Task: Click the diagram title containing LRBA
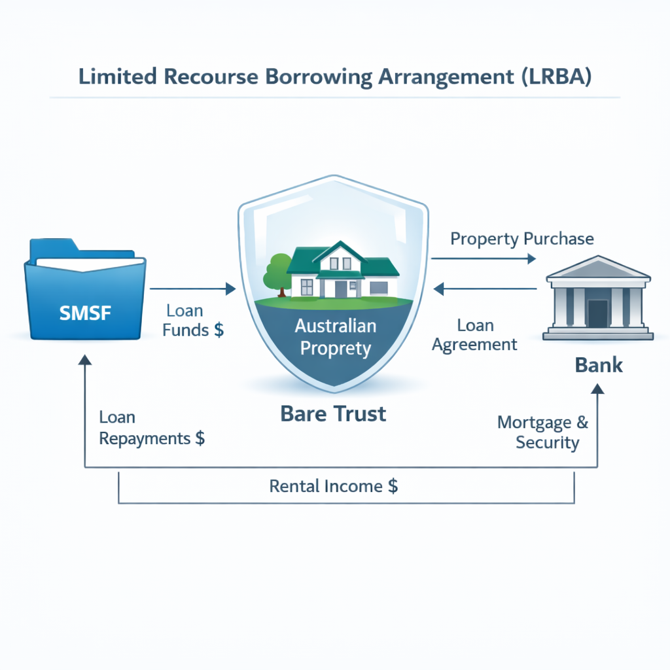click(x=334, y=77)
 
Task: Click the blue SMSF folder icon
click(x=85, y=291)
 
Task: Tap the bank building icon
click(x=598, y=298)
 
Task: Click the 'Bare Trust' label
click(x=333, y=414)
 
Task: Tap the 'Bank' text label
click(x=598, y=364)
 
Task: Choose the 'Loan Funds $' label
click(x=192, y=320)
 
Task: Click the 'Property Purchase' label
click(x=522, y=238)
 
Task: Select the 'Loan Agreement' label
click(x=475, y=334)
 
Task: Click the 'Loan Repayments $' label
click(x=152, y=427)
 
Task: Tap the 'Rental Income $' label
click(x=333, y=486)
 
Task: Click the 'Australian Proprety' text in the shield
click(x=334, y=336)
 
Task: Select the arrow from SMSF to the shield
click(x=192, y=288)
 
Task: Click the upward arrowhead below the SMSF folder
click(x=85, y=361)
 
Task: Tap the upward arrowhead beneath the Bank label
click(x=597, y=389)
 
